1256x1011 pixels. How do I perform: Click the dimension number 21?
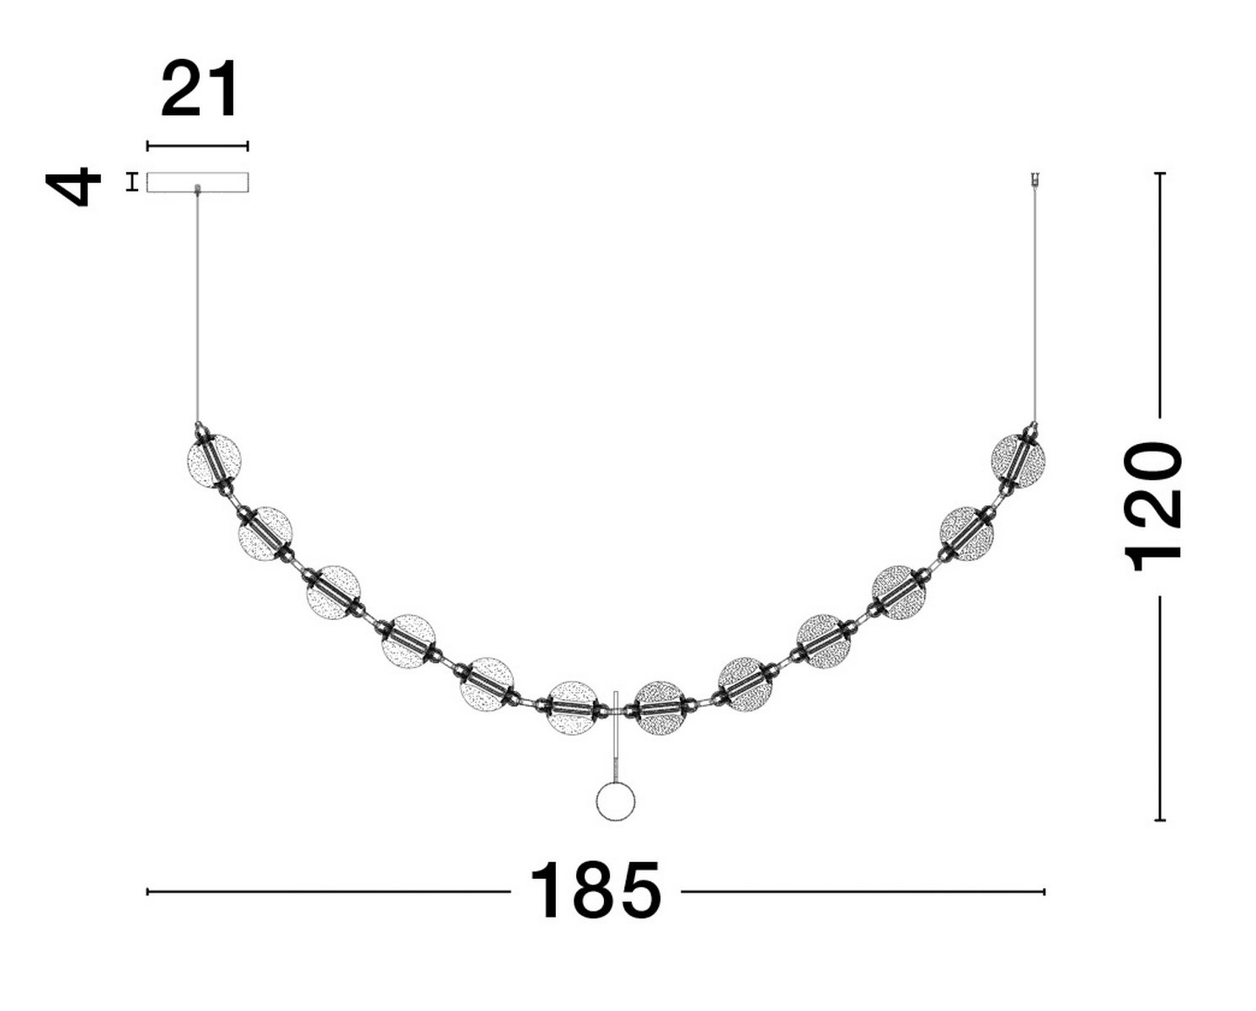click(x=200, y=88)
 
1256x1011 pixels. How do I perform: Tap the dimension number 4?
click(x=73, y=186)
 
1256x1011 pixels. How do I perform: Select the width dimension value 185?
click(x=596, y=891)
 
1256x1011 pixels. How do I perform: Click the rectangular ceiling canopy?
click(x=197, y=182)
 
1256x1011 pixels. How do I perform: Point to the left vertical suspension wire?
click(x=198, y=307)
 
